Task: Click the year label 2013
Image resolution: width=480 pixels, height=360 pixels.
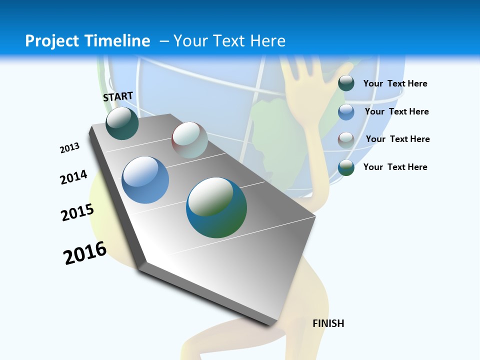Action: [69, 148]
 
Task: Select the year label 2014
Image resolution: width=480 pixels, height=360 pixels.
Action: [73, 177]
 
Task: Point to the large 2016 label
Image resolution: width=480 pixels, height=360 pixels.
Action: [85, 253]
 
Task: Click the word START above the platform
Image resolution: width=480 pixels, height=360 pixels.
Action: [118, 96]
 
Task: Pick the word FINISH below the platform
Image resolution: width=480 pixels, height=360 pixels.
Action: [328, 323]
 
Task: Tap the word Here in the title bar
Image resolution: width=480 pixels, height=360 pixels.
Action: [267, 40]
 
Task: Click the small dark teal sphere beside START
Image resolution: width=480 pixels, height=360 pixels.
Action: [122, 123]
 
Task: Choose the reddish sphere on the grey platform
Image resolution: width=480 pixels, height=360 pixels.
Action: [189, 140]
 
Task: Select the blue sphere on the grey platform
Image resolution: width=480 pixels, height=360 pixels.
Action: [145, 180]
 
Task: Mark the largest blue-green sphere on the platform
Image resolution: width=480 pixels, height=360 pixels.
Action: [216, 207]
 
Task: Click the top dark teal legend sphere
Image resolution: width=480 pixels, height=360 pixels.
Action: [346, 83]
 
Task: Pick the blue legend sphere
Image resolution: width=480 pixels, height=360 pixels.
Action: [346, 111]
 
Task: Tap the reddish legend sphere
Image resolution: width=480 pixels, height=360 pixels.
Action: [346, 139]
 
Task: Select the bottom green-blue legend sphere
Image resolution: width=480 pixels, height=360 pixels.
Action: [346, 167]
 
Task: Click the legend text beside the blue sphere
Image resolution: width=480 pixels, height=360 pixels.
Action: [396, 111]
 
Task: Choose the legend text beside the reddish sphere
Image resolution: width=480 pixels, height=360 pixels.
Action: [397, 139]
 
